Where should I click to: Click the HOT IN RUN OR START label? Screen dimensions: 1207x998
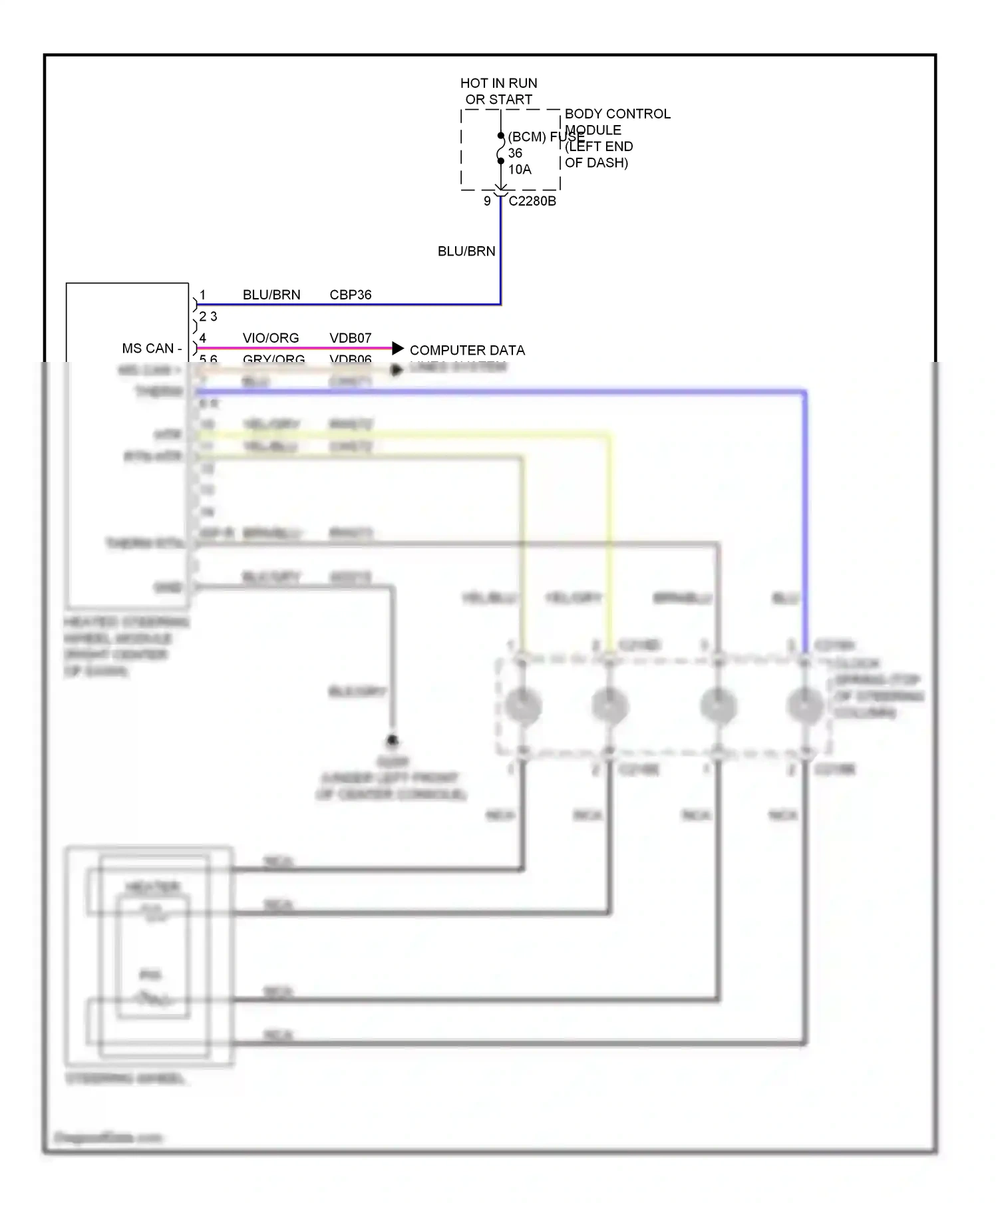(x=498, y=91)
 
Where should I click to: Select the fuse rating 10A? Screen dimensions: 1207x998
(x=520, y=170)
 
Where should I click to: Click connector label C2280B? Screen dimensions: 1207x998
(x=532, y=201)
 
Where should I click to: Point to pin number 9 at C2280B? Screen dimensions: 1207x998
(x=487, y=201)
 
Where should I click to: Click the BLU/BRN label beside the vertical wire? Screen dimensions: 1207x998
(x=466, y=252)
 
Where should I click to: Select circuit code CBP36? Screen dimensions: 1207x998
(x=350, y=295)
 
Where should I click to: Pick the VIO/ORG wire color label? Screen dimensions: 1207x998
(x=270, y=338)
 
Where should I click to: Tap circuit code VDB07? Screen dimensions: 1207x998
(x=350, y=338)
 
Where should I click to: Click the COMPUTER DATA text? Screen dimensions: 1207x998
(x=467, y=350)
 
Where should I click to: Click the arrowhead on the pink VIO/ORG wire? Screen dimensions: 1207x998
(x=398, y=348)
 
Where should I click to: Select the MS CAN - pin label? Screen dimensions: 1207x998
(x=152, y=349)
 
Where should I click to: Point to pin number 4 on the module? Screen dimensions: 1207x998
(x=203, y=338)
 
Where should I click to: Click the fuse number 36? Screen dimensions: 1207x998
(x=515, y=153)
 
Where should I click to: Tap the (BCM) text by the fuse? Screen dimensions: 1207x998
(x=527, y=137)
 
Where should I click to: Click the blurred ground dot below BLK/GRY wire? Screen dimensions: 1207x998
(x=392, y=740)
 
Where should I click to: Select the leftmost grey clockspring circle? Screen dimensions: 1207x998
(x=523, y=705)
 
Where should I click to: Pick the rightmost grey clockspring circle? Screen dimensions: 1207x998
(x=805, y=705)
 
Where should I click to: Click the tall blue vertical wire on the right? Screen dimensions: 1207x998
(x=805, y=519)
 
